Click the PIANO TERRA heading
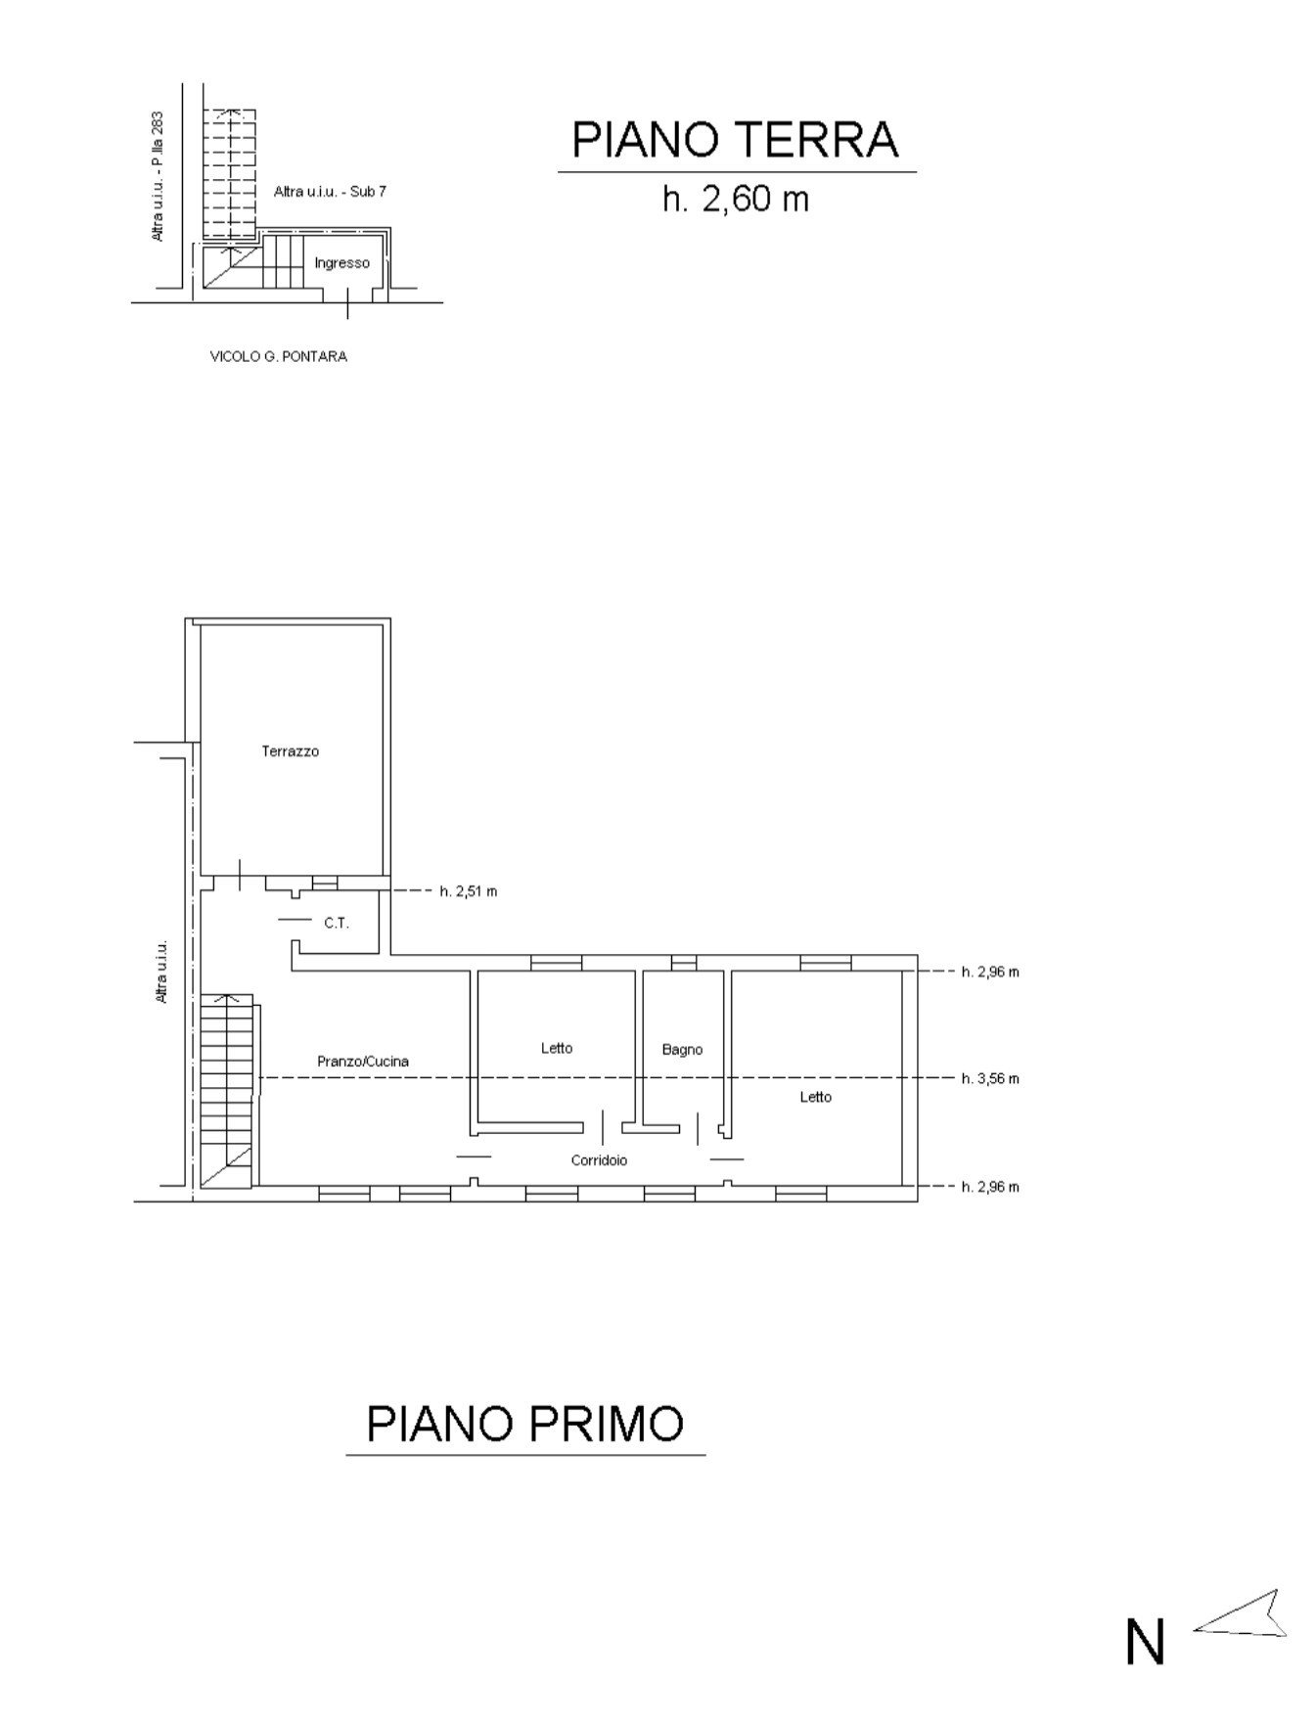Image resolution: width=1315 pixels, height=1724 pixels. [x=735, y=140]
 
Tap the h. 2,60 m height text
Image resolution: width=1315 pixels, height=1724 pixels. [x=735, y=199]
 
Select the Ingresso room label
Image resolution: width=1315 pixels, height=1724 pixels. [x=342, y=263]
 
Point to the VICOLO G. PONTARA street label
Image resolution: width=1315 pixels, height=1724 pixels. [x=279, y=357]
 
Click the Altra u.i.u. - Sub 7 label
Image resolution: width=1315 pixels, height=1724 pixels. [x=331, y=192]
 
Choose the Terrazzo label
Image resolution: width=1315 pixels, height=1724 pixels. [x=291, y=751]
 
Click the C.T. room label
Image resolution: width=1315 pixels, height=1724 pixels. [x=337, y=923]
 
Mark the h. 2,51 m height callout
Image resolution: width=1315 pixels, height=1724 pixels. [x=468, y=891]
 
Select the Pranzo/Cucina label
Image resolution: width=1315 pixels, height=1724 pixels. [x=363, y=1061]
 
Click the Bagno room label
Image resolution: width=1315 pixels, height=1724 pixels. [x=682, y=1050]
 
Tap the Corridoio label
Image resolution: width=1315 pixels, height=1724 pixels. [x=600, y=1160]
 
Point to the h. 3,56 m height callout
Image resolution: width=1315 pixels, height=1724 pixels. [x=990, y=1079]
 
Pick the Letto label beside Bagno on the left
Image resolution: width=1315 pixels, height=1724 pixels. [x=557, y=1048]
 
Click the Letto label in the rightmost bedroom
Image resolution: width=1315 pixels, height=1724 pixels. [x=816, y=1097]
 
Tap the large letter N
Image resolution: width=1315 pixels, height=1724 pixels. [x=1145, y=1642]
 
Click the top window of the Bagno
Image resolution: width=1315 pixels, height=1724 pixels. [x=684, y=963]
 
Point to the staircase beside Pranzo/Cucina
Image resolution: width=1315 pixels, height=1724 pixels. [x=227, y=1091]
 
